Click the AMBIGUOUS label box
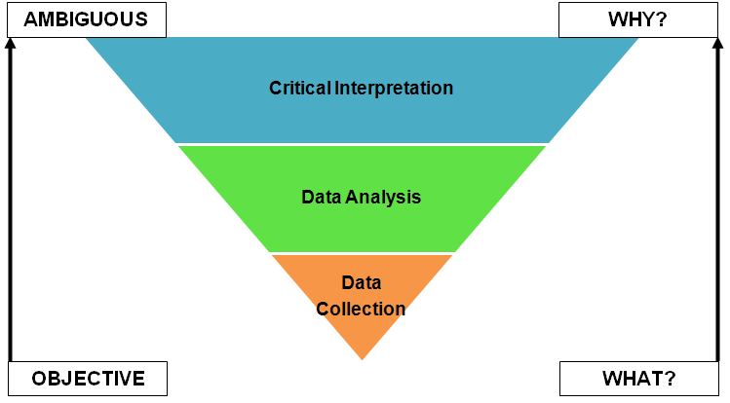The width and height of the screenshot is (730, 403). tap(86, 19)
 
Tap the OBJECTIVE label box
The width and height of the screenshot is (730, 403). tap(88, 379)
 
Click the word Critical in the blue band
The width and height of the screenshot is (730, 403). tap(300, 88)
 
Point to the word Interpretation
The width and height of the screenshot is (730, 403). tap(394, 88)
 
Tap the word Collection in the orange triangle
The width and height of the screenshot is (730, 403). tap(361, 309)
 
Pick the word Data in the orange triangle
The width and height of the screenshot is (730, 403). tap(361, 283)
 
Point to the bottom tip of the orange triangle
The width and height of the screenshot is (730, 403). tap(362, 357)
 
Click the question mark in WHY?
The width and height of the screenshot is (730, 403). tap(662, 19)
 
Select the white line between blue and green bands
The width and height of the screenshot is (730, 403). tap(362, 144)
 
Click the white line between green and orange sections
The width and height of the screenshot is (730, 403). tap(362, 253)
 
